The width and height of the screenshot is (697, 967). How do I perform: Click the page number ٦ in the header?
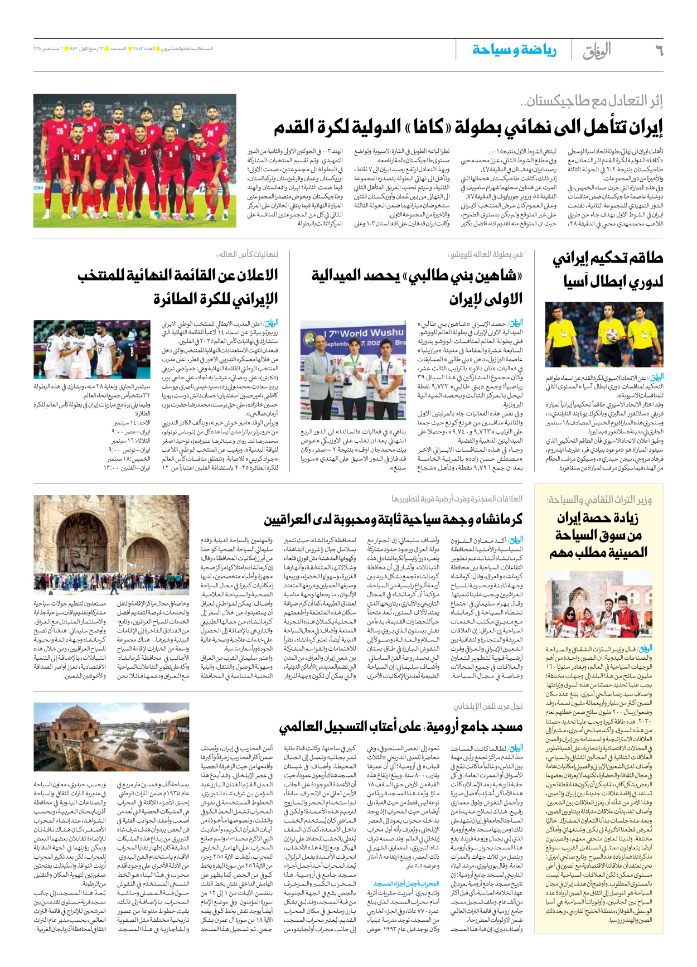click(658, 51)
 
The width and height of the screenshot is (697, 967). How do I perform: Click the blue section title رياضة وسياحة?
click(514, 50)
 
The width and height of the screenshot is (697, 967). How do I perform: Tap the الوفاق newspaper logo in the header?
click(597, 51)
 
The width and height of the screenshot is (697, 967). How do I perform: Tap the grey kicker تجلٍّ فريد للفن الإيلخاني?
click(488, 706)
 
